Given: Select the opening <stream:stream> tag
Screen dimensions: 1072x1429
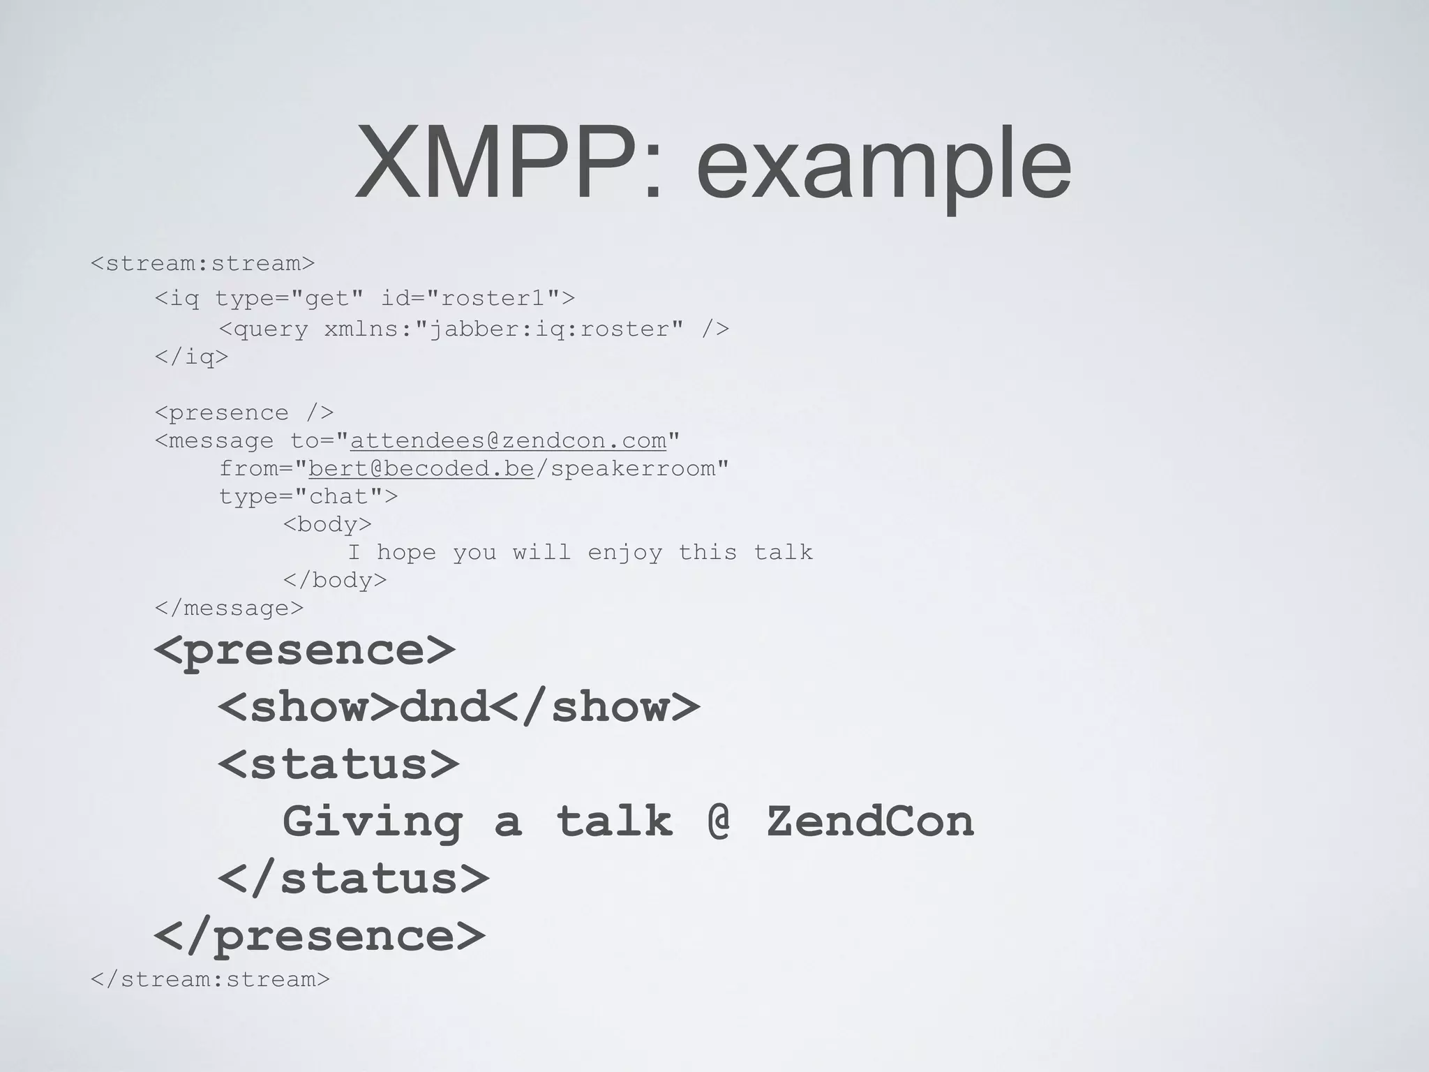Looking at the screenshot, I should point(202,264).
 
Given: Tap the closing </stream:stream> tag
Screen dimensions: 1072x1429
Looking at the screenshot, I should point(210,979).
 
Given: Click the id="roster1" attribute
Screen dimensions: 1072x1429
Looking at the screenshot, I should point(477,299).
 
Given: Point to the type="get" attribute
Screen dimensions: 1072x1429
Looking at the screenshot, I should point(290,299).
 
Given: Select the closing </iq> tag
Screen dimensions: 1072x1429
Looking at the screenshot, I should point(191,357).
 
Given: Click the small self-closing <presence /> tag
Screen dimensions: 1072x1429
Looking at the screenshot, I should point(244,413).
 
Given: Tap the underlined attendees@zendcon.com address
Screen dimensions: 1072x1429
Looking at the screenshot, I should point(508,441).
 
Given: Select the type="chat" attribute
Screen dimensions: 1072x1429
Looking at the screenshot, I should point(308,497).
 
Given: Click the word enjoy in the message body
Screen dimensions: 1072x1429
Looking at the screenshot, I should point(624,553).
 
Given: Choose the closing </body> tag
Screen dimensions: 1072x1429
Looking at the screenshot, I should point(335,581).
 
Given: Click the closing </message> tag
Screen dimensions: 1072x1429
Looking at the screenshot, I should point(229,609).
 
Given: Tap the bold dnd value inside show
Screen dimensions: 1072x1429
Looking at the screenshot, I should point(444,706).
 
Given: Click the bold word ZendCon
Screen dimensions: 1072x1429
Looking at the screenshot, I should point(869,821).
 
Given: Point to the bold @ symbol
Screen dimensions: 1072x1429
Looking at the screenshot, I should point(719,821).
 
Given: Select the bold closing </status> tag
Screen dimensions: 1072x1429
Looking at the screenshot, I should point(353,878).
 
